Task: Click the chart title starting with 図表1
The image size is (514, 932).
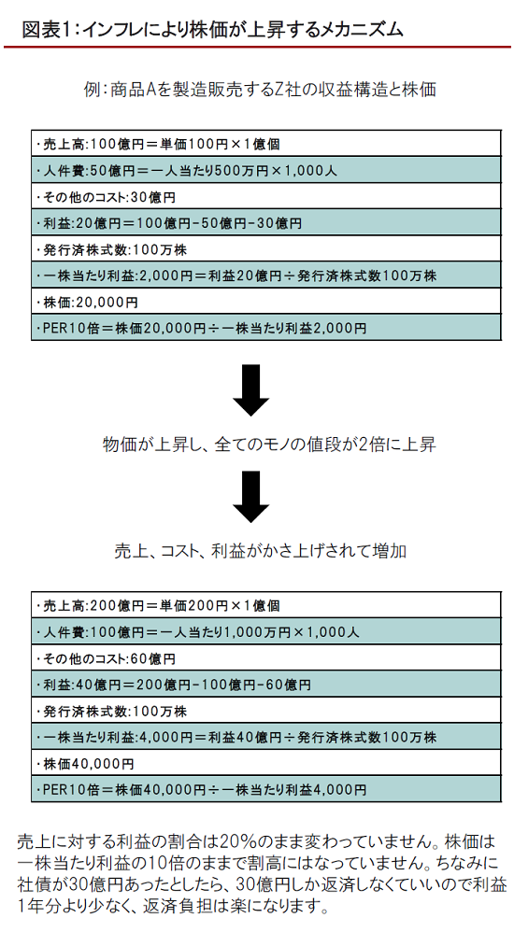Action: point(212,29)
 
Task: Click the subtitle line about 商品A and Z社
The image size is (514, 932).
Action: point(261,89)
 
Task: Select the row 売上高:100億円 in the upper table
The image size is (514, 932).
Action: point(266,144)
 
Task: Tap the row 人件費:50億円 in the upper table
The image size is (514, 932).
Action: point(266,170)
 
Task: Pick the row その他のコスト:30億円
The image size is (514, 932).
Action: point(266,196)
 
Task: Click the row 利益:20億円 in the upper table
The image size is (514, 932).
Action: point(266,222)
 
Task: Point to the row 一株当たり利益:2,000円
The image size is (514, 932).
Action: point(266,275)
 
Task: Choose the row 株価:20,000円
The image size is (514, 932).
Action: point(266,302)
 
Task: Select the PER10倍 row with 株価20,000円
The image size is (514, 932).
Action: point(266,328)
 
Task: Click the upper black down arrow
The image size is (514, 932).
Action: point(251,390)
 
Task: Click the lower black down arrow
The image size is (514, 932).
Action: point(251,496)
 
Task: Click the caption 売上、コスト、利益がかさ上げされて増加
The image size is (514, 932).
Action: point(261,551)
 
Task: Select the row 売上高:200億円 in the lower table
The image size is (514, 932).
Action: point(266,605)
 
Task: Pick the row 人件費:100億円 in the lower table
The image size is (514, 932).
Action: point(266,631)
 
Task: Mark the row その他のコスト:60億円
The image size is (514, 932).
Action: point(266,658)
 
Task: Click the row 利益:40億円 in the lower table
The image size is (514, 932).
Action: point(266,685)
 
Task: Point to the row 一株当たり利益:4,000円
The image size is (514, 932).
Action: point(266,737)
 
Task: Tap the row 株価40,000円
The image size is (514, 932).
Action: point(266,763)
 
